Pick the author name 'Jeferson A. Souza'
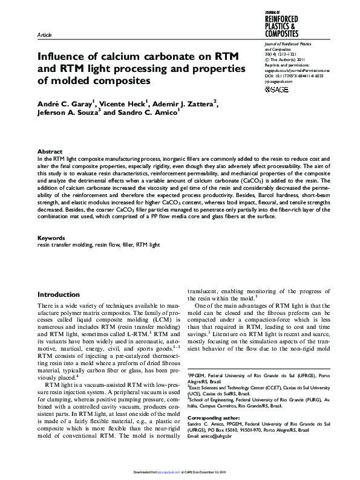[x=63, y=113]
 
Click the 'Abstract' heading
[x=50, y=151]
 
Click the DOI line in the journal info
[x=293, y=76]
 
